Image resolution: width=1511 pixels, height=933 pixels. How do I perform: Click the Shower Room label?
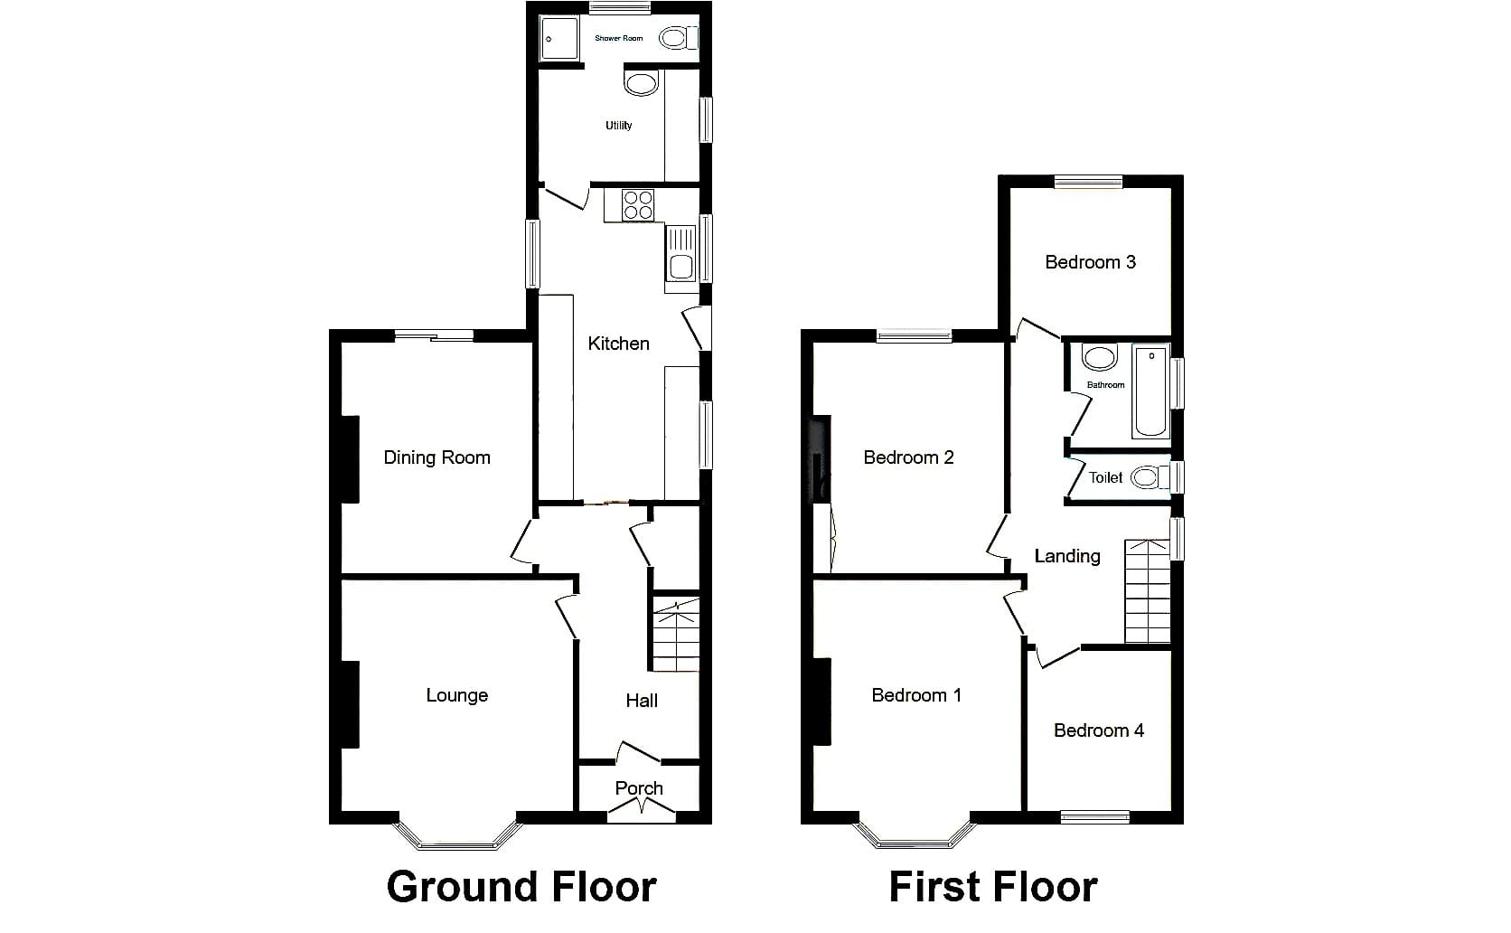pyautogui.click(x=618, y=39)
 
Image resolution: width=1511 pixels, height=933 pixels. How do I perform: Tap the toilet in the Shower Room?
pyautogui.click(x=678, y=38)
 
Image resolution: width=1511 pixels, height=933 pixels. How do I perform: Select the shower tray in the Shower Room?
pyautogui.click(x=559, y=39)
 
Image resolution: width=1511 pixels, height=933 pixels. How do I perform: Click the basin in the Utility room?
pyautogui.click(x=641, y=84)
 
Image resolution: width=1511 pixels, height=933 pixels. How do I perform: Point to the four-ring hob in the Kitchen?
pyautogui.click(x=638, y=206)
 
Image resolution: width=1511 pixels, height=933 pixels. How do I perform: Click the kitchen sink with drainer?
pyautogui.click(x=680, y=254)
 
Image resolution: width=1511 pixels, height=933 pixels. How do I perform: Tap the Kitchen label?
pyautogui.click(x=618, y=344)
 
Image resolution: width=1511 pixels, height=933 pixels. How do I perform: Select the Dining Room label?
pyautogui.click(x=436, y=457)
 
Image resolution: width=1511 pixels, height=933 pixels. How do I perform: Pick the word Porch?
pyautogui.click(x=639, y=788)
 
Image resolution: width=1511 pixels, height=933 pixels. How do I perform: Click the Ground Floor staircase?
pyautogui.click(x=676, y=634)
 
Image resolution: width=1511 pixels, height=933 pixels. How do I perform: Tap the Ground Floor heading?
pyautogui.click(x=521, y=887)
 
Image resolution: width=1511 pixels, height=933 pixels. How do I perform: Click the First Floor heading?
pyautogui.click(x=993, y=887)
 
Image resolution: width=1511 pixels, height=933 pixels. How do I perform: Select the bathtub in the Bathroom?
pyautogui.click(x=1151, y=391)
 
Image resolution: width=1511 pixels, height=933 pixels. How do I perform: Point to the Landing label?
pyautogui.click(x=1067, y=556)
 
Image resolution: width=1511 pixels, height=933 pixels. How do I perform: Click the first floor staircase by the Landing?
pyautogui.click(x=1148, y=591)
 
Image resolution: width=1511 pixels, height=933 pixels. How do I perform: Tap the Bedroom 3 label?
pyautogui.click(x=1090, y=262)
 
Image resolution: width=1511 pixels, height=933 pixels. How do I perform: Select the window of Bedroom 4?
pyautogui.click(x=1094, y=817)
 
